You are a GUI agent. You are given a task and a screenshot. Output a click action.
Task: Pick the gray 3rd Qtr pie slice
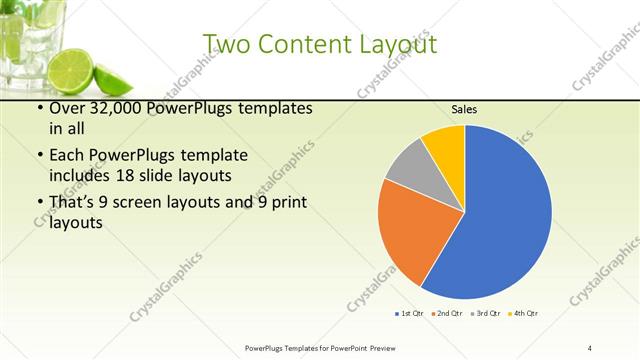[x=407, y=164]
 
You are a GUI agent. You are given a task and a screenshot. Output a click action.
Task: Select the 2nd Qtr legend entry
[x=445, y=313]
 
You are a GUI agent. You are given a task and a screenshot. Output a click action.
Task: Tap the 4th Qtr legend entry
[x=522, y=313]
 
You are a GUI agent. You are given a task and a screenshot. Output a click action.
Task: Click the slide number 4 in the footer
[x=590, y=347]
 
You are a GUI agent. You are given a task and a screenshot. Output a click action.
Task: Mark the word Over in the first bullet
[x=68, y=108]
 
